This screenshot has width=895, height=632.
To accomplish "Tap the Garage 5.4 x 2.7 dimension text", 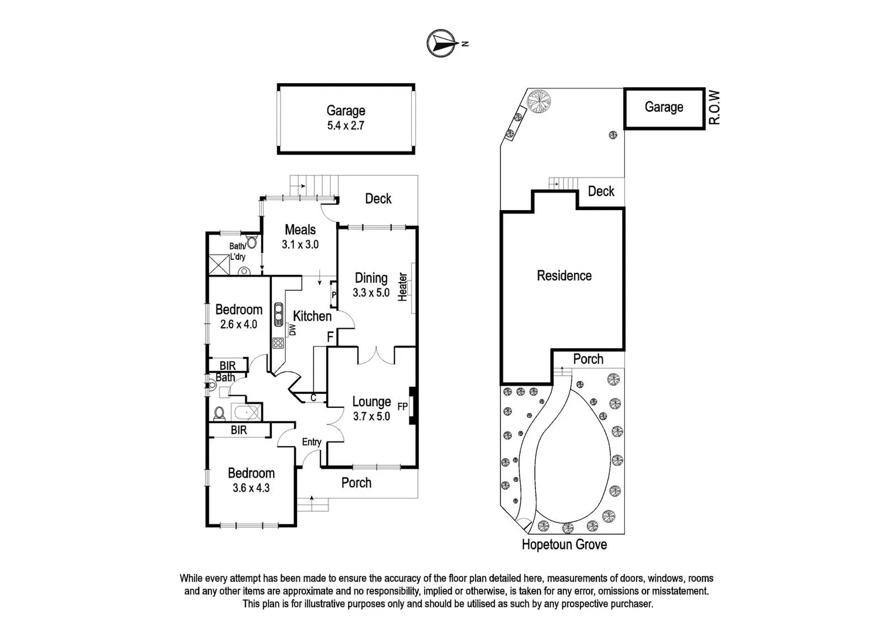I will point(346,125).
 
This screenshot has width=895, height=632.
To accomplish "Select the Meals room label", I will point(300,230).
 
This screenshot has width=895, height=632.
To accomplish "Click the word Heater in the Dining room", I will point(402,287).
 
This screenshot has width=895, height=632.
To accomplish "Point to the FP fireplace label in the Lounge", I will point(402,406).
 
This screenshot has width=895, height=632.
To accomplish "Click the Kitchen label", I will point(312,316).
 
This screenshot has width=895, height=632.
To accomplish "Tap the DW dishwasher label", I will point(292,330).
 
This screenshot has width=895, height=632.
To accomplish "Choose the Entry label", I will point(312,442).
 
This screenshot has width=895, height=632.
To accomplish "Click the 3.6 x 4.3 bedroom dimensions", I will point(251,487).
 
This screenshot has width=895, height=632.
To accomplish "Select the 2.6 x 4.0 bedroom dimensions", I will point(238,324).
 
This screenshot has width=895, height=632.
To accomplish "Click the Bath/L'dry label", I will point(237,252).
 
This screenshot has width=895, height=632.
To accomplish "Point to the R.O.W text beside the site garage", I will point(714,108).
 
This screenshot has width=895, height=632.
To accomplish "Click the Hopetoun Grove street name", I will point(564,545).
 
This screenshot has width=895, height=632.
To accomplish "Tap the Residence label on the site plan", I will point(564,276).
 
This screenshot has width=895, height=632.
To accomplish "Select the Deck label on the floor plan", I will point(378,199).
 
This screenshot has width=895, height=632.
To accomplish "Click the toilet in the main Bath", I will point(220,413).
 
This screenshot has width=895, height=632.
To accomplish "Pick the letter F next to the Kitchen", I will point(330,337).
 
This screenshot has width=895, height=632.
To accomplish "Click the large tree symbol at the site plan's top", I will point(539,101).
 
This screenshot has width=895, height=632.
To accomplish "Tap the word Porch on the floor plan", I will point(356,483).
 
